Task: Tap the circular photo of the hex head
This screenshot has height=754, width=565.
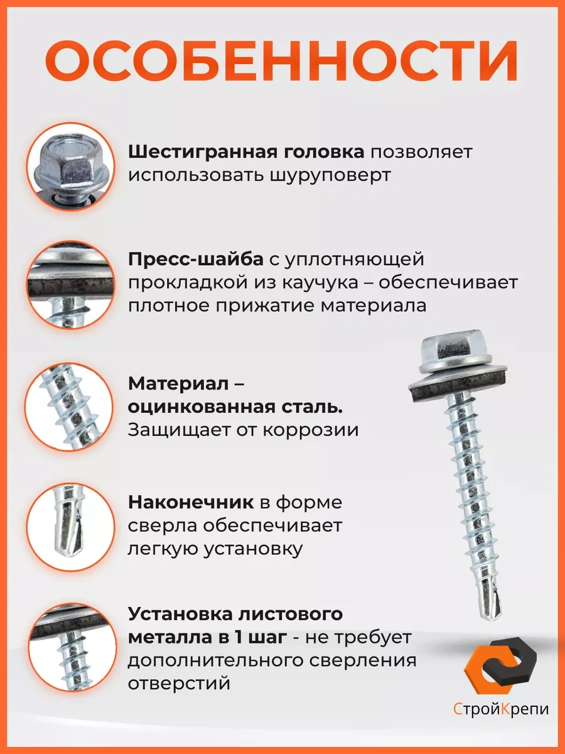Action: pyautogui.click(x=71, y=167)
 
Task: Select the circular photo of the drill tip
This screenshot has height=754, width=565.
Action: pyautogui.click(x=71, y=527)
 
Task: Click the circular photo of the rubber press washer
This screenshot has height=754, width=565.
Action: pyautogui.click(x=71, y=285)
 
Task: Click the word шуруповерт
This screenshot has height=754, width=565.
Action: pyautogui.click(x=330, y=176)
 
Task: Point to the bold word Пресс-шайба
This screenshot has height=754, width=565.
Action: pyautogui.click(x=195, y=260)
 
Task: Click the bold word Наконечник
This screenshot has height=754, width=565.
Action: pyautogui.click(x=191, y=503)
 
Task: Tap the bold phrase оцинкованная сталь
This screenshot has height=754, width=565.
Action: pyautogui.click(x=235, y=407)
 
